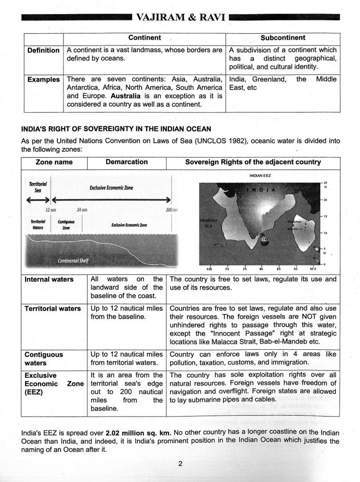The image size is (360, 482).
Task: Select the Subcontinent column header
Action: tap(283, 38)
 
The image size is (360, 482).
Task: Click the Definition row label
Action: tap(43, 50)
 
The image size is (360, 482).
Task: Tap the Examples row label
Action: tap(43, 80)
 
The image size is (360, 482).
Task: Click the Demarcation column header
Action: tap(126, 162)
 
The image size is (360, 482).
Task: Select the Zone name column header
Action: tap(54, 162)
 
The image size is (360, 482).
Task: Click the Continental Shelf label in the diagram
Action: tap(73, 260)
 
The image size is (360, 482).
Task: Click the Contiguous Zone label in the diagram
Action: tap(66, 224)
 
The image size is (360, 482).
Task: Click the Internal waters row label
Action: tap(49, 280)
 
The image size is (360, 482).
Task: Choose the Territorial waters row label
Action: tap(53, 309)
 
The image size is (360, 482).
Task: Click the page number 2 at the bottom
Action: tap(180, 463)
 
